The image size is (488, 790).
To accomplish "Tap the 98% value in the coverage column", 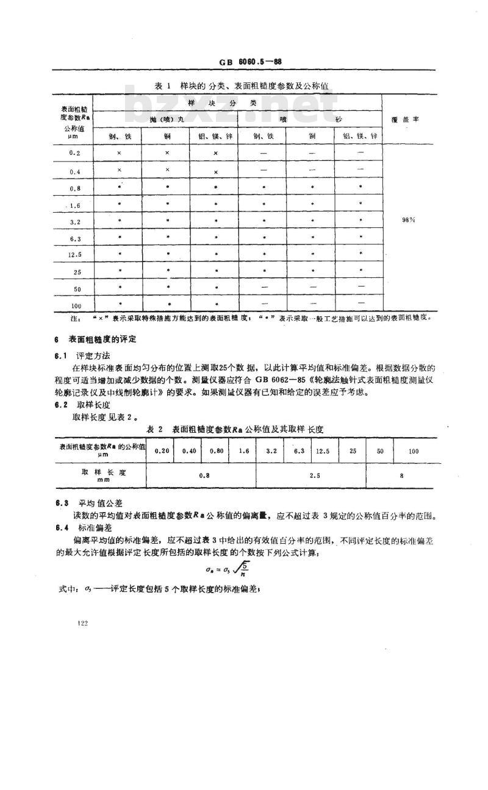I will [x=408, y=221].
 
